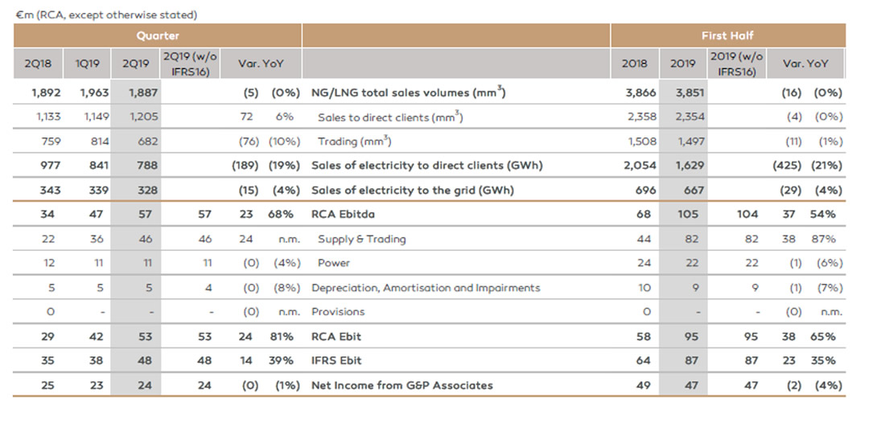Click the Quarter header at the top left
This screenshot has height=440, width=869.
158,36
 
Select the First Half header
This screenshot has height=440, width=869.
727,36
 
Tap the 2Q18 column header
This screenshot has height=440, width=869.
38,64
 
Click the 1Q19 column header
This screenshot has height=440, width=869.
88,64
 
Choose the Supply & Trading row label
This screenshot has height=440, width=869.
362,240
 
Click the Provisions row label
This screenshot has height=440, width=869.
338,312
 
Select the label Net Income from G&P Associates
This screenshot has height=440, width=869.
402,385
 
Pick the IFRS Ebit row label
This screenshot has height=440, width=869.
336,360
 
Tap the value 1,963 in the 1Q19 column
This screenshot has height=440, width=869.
94,93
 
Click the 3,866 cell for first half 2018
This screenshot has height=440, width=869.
641,93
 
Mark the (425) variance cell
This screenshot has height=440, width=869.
787,166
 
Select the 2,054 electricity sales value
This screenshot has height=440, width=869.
640,166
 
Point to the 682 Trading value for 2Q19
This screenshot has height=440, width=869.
147,142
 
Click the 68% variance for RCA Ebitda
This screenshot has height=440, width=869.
281,215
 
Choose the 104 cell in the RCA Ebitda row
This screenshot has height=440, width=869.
748,215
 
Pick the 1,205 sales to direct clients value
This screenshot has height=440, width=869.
143,117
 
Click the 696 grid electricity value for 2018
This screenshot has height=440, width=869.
645,191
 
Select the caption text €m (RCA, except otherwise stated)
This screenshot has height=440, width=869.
106,15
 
